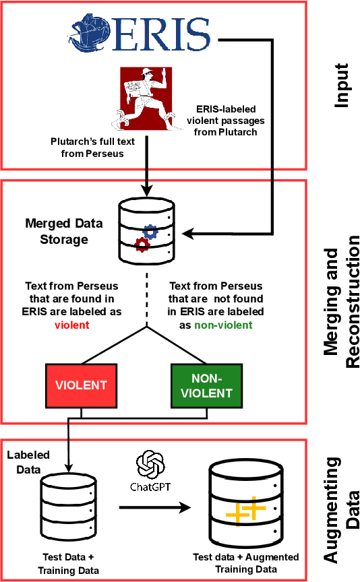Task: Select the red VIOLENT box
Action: tap(81, 385)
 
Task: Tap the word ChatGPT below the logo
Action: tap(150, 487)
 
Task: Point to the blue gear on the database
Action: tap(150, 232)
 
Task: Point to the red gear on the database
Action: tap(141, 244)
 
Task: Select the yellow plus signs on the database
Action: tap(245, 511)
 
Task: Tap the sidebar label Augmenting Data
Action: tap(341, 509)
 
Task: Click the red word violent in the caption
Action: tap(72, 324)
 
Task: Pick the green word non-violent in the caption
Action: tap(222, 324)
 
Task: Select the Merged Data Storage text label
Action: tap(57, 229)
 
